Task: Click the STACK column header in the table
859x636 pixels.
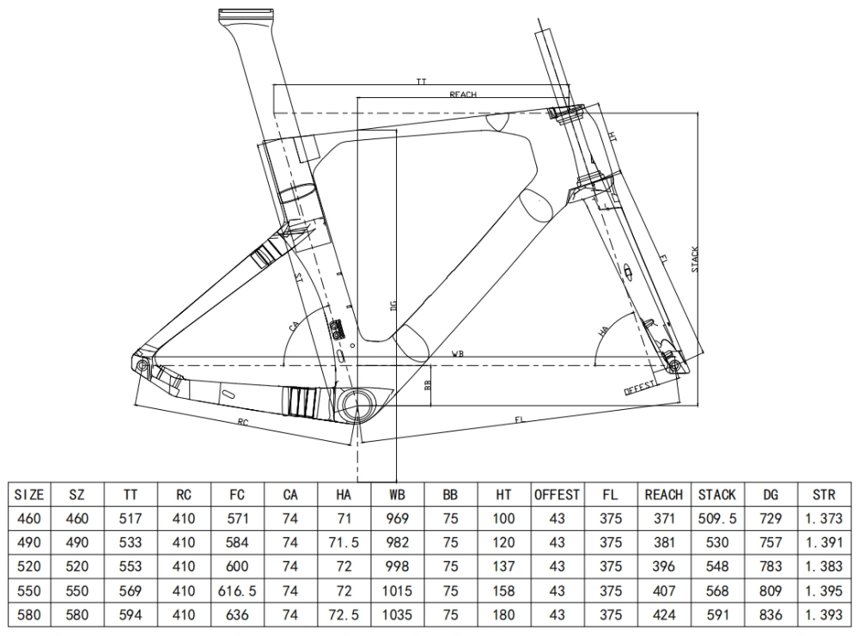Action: click(x=716, y=495)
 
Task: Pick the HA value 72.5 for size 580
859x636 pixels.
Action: click(x=344, y=615)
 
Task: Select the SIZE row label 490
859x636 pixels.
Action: click(x=29, y=543)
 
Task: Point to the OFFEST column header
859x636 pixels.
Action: click(x=557, y=495)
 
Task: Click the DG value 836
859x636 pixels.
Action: click(x=770, y=615)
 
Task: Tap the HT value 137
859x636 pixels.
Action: click(x=504, y=567)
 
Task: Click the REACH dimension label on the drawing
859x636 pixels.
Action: click(x=462, y=95)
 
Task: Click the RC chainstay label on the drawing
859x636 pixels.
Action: click(x=243, y=422)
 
